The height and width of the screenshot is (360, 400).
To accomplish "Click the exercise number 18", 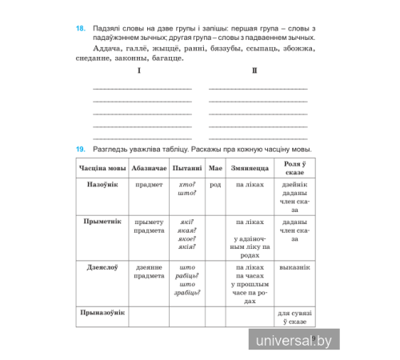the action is coord(81,28).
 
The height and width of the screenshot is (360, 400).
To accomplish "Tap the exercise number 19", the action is coord(81,150).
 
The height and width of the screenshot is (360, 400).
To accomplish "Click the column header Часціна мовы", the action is coord(102,168).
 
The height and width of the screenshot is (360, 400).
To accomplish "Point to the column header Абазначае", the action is coord(149,168).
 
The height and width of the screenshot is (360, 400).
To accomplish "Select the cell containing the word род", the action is coord(214,185).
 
